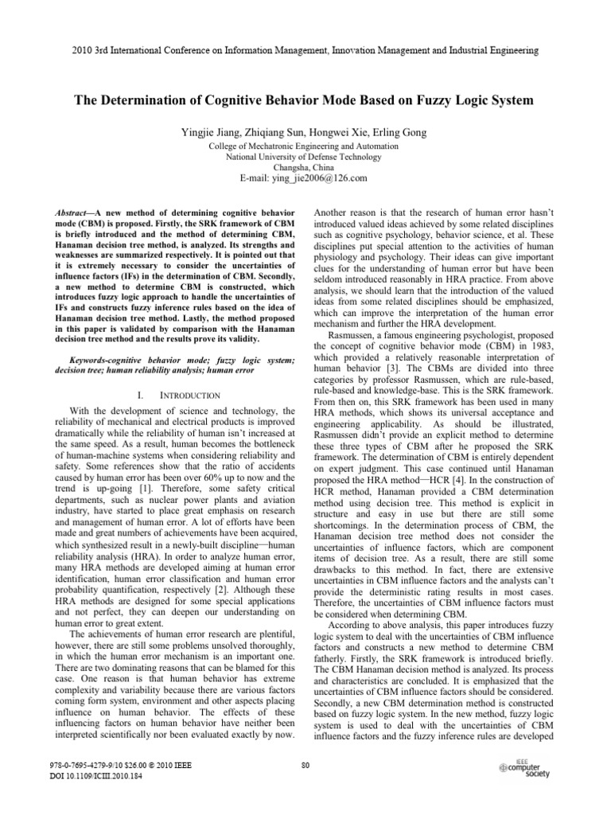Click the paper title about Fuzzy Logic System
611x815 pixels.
point(305,101)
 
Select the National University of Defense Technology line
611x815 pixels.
point(305,157)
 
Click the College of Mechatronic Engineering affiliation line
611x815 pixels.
point(305,146)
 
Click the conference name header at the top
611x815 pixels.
point(305,49)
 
